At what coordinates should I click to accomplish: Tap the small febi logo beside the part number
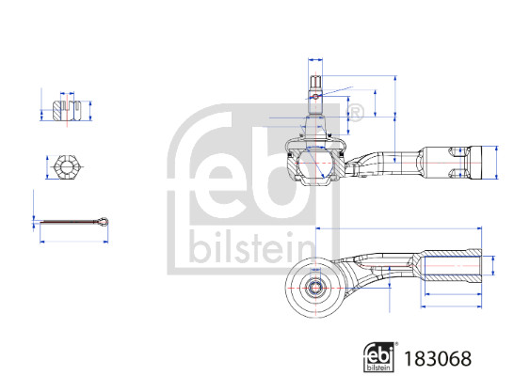(380, 357)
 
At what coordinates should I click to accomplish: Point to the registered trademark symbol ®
(357, 114)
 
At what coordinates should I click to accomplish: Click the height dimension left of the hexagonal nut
(45, 168)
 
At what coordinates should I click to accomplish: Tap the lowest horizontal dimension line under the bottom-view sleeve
(452, 307)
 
